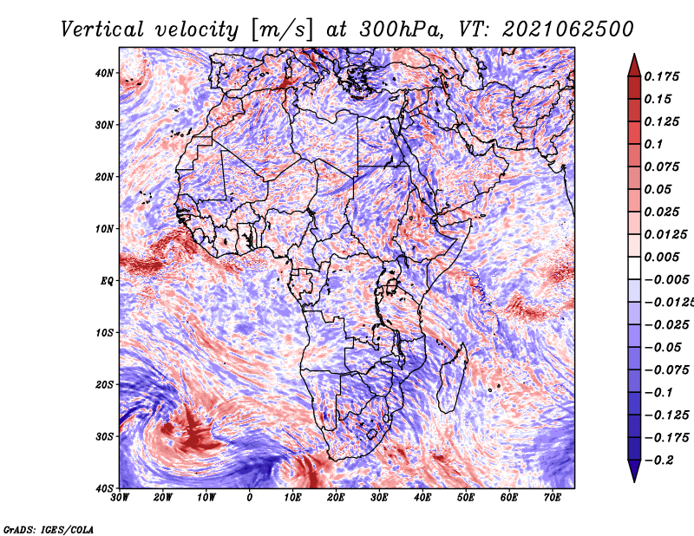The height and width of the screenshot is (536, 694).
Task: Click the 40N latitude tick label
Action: (x=104, y=73)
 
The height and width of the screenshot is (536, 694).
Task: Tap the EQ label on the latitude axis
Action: (x=107, y=281)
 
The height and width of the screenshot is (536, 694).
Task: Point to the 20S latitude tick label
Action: (x=104, y=384)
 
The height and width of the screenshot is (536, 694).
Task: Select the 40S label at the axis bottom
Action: (x=104, y=488)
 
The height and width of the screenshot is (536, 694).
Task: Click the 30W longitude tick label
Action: (x=120, y=498)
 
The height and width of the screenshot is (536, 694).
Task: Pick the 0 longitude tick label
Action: (x=250, y=498)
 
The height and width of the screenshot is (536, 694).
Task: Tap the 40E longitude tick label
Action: (x=422, y=498)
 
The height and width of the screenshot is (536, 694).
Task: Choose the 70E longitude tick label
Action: (x=553, y=498)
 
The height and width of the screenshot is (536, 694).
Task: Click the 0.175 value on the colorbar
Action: (x=662, y=77)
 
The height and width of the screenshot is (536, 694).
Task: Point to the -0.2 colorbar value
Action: (x=659, y=461)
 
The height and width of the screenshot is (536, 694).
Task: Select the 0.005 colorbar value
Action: (x=662, y=257)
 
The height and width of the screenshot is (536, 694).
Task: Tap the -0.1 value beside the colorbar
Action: (x=659, y=393)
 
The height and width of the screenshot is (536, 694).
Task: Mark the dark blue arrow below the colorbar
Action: (x=634, y=470)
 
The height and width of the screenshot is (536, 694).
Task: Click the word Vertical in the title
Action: (x=102, y=29)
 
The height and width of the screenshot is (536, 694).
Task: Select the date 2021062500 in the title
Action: (x=568, y=29)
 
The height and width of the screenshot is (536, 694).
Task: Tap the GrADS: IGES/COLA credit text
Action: (x=49, y=529)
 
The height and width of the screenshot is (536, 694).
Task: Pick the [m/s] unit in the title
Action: (x=283, y=30)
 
